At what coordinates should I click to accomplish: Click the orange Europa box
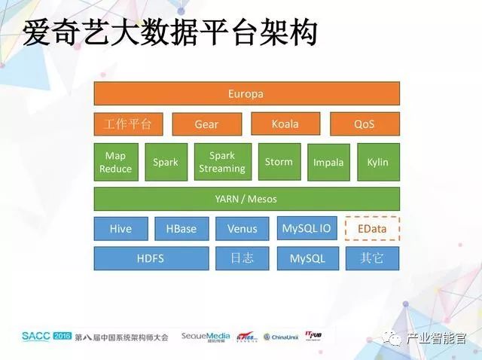[x=246, y=94]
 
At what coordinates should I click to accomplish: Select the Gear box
[x=206, y=124]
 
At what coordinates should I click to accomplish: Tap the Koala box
[x=285, y=124]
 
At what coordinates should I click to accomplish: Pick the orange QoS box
[x=364, y=124]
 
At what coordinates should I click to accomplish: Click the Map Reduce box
[x=115, y=162]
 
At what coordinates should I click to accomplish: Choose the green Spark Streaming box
[x=221, y=162]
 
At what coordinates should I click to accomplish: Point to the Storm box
[x=279, y=162]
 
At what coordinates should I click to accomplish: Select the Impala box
[x=328, y=162]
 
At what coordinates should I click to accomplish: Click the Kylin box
[x=377, y=162]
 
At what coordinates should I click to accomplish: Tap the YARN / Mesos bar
[x=246, y=199]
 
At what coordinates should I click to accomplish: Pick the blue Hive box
[x=120, y=229]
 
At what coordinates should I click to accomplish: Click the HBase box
[x=182, y=229]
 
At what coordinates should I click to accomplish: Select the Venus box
[x=242, y=229]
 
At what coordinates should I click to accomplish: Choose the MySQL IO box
[x=307, y=228]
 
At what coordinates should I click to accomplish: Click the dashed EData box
[x=372, y=228]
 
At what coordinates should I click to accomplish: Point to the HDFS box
[x=151, y=258]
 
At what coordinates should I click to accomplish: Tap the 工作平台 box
[x=128, y=124]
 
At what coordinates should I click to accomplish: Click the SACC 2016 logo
[x=46, y=336]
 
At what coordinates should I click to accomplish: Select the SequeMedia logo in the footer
[x=205, y=336]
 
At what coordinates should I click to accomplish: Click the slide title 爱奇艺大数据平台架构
[x=169, y=32]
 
